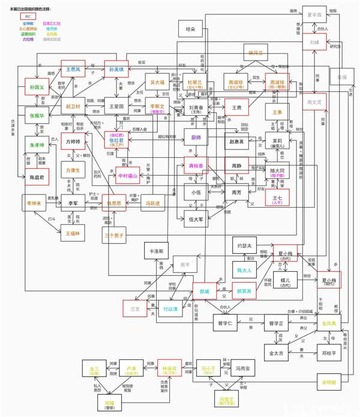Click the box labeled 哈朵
(191, 28)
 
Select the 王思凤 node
(73, 70)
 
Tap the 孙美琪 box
(117, 70)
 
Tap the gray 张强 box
(341, 77)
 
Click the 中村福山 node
(127, 176)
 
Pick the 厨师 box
(196, 137)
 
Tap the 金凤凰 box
(332, 323)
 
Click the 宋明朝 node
(329, 382)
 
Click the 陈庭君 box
(37, 178)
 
